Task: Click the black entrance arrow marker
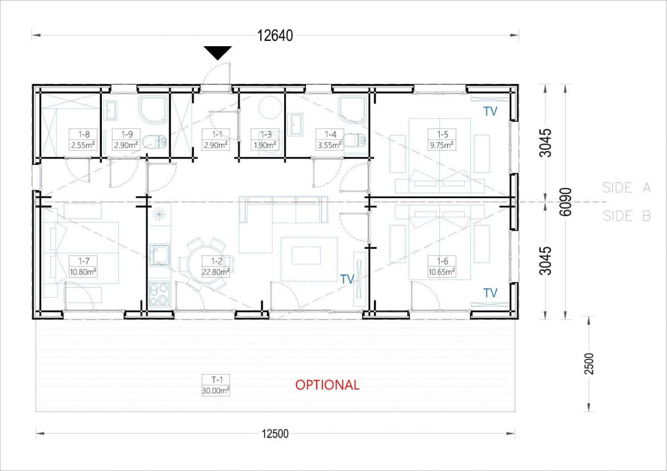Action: [x=218, y=53]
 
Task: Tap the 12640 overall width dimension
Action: [x=275, y=36]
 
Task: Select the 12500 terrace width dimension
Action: [x=275, y=434]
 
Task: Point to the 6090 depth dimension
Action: [x=566, y=202]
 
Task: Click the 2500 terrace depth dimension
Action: [x=589, y=364]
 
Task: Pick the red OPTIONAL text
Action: [x=327, y=385]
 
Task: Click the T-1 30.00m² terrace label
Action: [x=216, y=385]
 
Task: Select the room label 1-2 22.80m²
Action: [x=216, y=267]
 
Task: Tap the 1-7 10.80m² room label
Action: [x=83, y=267]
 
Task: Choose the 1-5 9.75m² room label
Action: [x=442, y=139]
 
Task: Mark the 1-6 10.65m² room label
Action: [x=442, y=267]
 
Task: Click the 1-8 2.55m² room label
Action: [x=83, y=139]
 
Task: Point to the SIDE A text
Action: [x=627, y=188]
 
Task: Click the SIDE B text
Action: [x=627, y=216]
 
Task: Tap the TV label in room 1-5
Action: [x=490, y=111]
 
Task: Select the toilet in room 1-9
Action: [x=154, y=142]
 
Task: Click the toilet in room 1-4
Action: [x=354, y=140]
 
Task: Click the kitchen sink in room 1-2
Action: [x=160, y=255]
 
